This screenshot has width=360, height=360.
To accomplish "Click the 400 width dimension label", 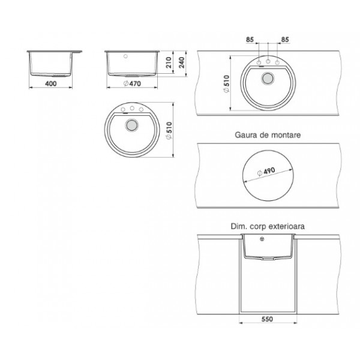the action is (51, 83).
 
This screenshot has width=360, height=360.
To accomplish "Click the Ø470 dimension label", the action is (132, 83).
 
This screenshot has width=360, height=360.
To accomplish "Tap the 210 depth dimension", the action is (169, 62).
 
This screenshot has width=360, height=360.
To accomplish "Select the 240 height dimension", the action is (181, 62).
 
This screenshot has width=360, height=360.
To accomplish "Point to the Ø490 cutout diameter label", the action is (266, 172).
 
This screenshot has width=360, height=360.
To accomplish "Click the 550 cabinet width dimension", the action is (267, 319).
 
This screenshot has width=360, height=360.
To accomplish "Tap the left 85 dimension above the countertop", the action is (250, 40).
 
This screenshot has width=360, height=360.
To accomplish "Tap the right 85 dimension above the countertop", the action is (285, 40).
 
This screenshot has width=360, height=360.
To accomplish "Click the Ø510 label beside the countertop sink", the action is (226, 84).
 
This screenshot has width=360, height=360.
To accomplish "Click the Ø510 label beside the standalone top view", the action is (169, 130).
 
